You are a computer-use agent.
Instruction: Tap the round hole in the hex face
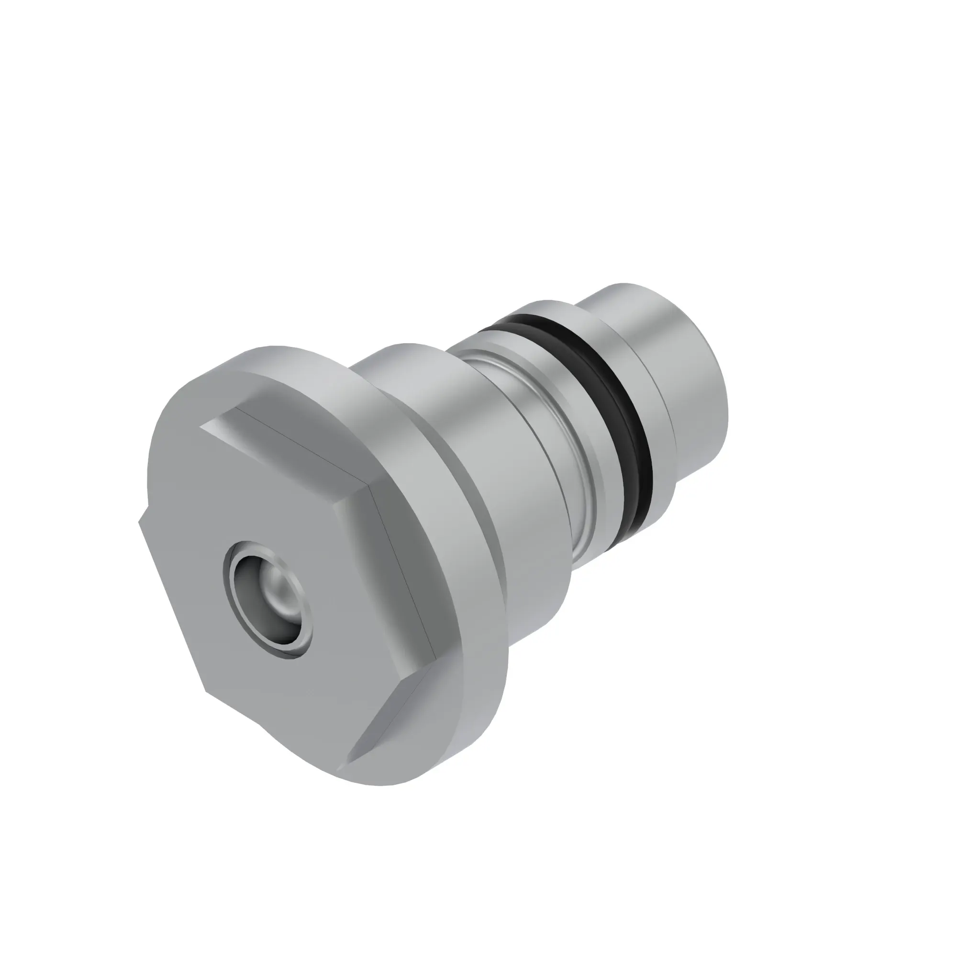[268, 600]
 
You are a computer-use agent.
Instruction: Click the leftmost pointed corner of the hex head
[139, 520]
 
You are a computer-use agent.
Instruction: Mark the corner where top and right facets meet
[369, 485]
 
